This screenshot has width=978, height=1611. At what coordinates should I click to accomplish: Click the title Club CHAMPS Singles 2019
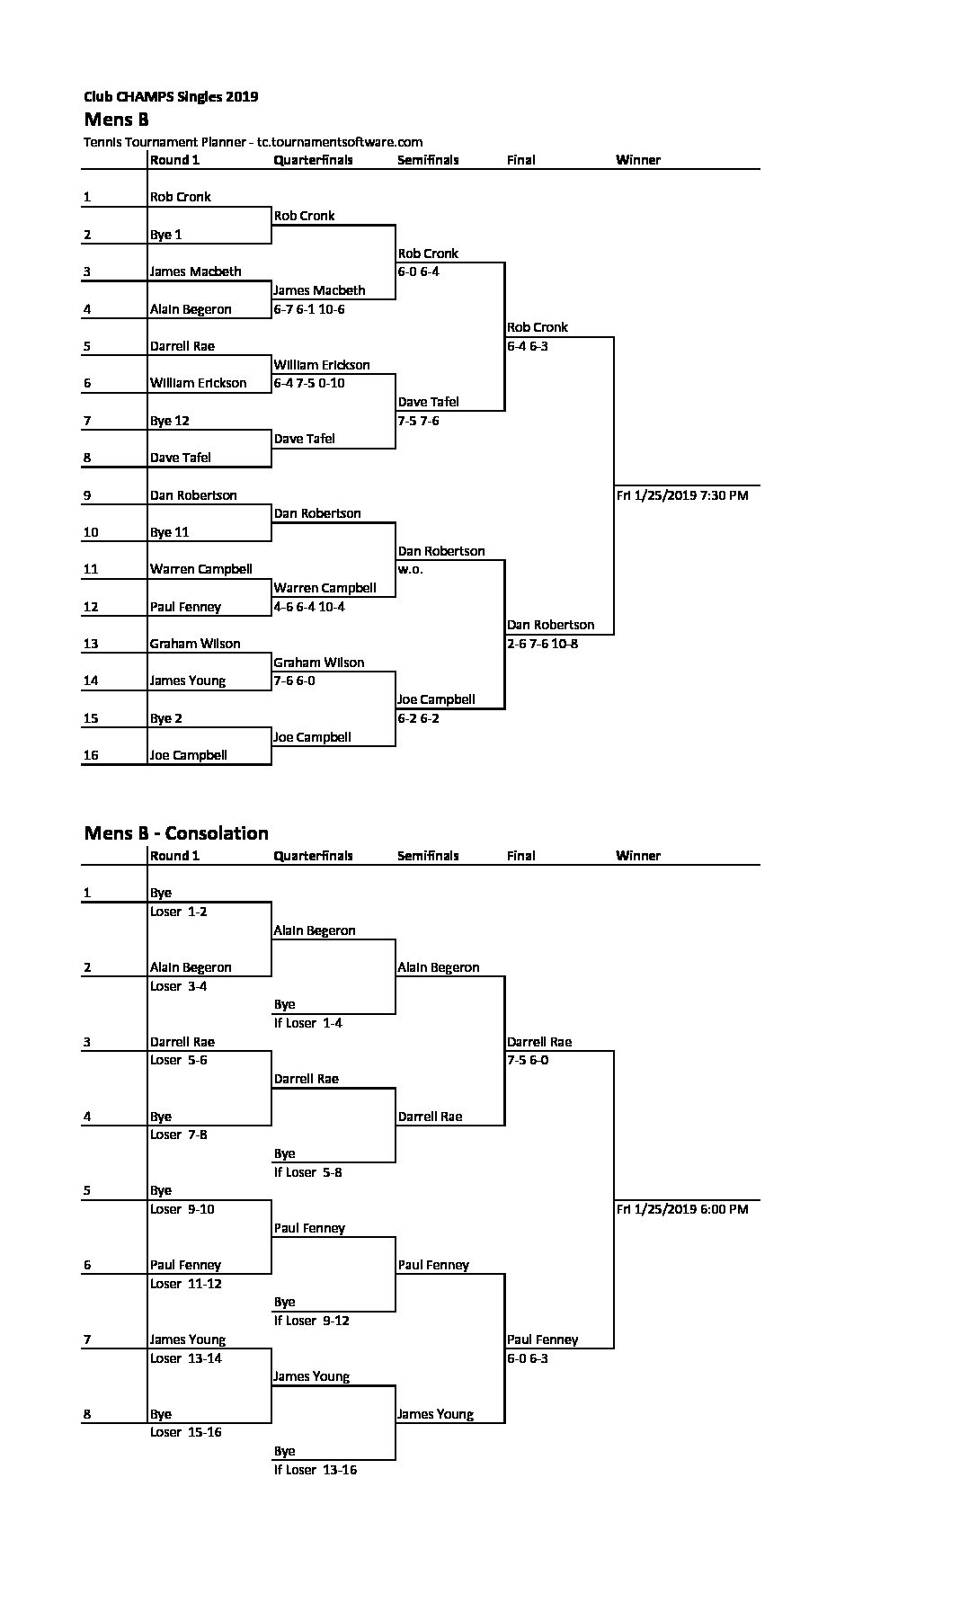click(x=171, y=96)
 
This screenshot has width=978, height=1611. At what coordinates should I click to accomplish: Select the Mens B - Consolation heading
click(x=176, y=832)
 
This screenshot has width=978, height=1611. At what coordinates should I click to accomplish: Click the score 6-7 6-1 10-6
click(x=309, y=309)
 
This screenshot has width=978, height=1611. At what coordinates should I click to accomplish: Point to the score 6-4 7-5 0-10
click(x=309, y=383)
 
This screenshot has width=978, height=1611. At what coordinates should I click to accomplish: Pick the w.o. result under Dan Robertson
click(x=411, y=569)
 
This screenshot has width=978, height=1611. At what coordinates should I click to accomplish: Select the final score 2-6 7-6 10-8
click(x=543, y=644)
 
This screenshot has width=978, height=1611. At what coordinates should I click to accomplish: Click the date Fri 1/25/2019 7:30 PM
click(x=682, y=495)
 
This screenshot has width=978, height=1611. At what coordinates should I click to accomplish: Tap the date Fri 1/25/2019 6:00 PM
click(x=682, y=1209)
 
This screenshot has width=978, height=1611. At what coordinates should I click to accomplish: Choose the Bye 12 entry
click(x=170, y=421)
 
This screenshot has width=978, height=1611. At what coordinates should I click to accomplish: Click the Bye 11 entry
click(x=170, y=532)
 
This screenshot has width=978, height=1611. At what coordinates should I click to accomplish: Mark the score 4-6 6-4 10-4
click(x=309, y=607)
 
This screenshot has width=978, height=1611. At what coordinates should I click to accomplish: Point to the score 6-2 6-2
click(x=419, y=718)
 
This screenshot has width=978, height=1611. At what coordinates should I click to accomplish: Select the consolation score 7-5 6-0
click(x=528, y=1060)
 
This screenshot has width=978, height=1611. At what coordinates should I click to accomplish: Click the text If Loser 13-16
click(x=316, y=1470)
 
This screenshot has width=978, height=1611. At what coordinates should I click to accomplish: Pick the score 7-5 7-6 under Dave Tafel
click(x=419, y=421)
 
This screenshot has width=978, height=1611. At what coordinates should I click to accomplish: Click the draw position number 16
click(x=91, y=755)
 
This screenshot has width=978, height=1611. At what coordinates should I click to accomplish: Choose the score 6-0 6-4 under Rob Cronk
click(x=419, y=271)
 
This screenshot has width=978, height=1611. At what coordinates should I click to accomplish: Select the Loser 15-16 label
click(x=186, y=1432)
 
